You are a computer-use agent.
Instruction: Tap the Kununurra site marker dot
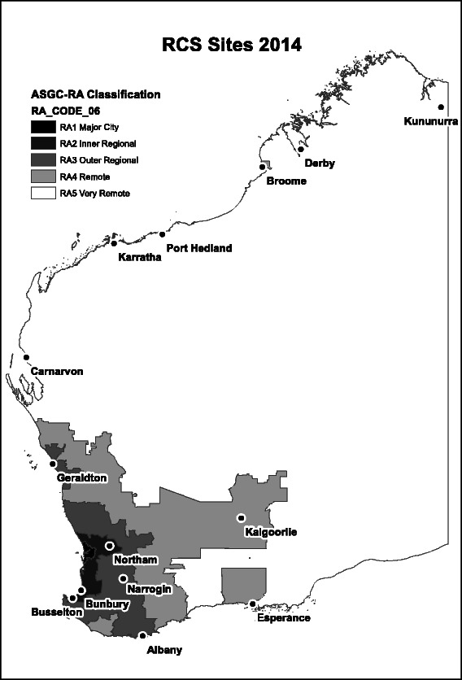[x=440, y=107]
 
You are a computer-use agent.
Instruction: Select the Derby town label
[x=320, y=163]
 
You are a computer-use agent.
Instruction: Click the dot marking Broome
[x=263, y=167]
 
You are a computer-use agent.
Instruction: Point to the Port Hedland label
[x=198, y=248]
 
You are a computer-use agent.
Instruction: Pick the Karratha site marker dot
[x=115, y=243]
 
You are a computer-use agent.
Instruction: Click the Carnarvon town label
[x=57, y=372]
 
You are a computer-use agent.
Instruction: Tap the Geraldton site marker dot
[x=53, y=464]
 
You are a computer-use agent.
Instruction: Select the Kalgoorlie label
[x=271, y=532]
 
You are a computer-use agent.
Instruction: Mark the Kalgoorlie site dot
[x=241, y=518]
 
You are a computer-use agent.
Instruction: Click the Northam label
[x=135, y=560]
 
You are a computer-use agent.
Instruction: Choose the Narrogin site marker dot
[x=123, y=579]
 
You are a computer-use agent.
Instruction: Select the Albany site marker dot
[x=142, y=636]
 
